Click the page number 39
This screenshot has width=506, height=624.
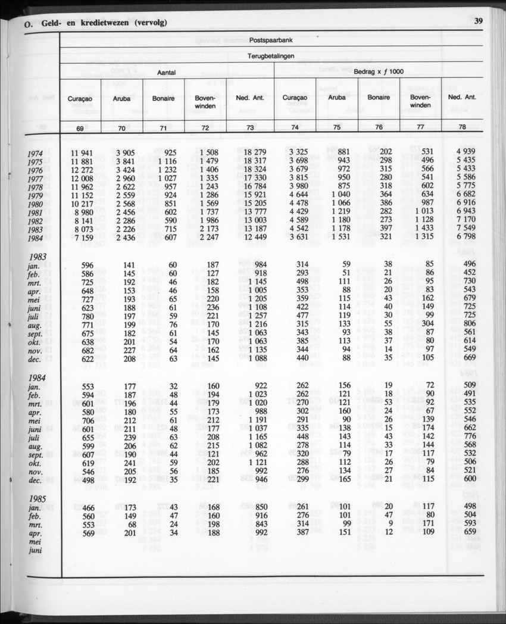click(478, 22)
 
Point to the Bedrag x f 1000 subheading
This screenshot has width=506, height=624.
click(379, 71)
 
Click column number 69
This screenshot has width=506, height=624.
click(80, 128)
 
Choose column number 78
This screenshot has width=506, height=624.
click(462, 128)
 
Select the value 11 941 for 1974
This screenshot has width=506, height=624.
click(82, 152)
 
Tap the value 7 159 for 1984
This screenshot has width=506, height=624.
click(82, 238)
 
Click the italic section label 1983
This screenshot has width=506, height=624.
click(38, 258)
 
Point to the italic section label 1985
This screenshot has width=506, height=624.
click(38, 497)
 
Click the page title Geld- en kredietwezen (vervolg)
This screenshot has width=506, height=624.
click(104, 23)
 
